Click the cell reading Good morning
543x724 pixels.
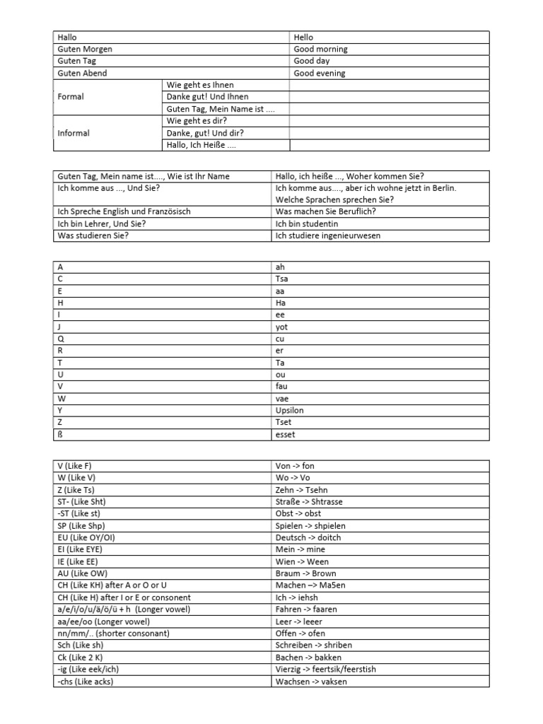pos(320,49)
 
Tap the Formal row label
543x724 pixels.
pos(71,97)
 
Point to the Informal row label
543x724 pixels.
pos(74,133)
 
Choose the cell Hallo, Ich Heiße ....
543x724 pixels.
pos(201,145)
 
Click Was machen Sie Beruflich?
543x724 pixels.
pos(325,211)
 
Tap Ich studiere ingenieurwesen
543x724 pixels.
pos(328,235)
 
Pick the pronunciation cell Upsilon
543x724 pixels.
pos(289,410)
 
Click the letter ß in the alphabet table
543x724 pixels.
pos(60,434)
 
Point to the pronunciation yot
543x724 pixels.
pos(281,327)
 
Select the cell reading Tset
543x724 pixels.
pos(284,422)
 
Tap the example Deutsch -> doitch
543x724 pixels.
pos(308,537)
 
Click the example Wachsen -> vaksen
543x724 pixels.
pos(311,681)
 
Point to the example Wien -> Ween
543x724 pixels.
pos(302,561)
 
